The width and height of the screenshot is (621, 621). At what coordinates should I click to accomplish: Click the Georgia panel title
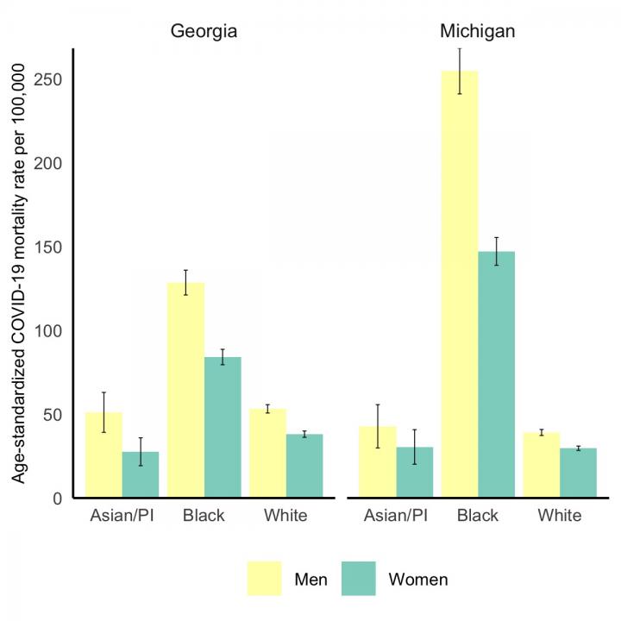click(x=204, y=32)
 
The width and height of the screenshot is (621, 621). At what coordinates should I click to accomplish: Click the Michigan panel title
click(x=478, y=32)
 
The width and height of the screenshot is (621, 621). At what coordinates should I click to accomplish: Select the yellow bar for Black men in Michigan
click(x=459, y=285)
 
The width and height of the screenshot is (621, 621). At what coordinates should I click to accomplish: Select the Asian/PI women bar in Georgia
click(x=141, y=474)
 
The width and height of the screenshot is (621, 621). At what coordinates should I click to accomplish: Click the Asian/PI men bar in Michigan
click(x=377, y=461)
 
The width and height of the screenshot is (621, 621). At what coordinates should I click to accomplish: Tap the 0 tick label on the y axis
click(x=56, y=499)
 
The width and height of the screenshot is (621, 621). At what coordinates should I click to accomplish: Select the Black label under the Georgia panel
click(x=204, y=516)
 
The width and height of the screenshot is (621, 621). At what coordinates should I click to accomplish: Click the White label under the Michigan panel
click(x=559, y=516)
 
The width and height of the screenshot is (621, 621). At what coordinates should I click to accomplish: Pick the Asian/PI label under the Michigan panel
click(x=395, y=516)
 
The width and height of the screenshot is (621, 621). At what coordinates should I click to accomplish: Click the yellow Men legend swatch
click(x=265, y=579)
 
